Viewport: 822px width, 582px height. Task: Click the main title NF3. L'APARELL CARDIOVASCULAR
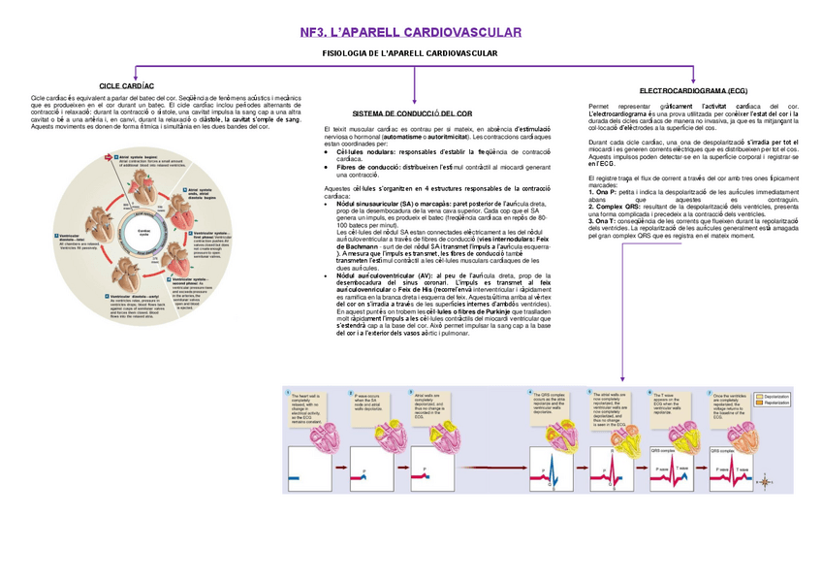click(x=411, y=32)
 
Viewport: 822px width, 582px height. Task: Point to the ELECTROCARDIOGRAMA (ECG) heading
click(x=693, y=89)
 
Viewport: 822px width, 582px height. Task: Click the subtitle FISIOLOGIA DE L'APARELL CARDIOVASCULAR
click(x=410, y=51)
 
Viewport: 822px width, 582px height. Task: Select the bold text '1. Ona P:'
click(x=604, y=194)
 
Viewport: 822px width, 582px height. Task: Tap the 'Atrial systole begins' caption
click(x=142, y=156)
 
